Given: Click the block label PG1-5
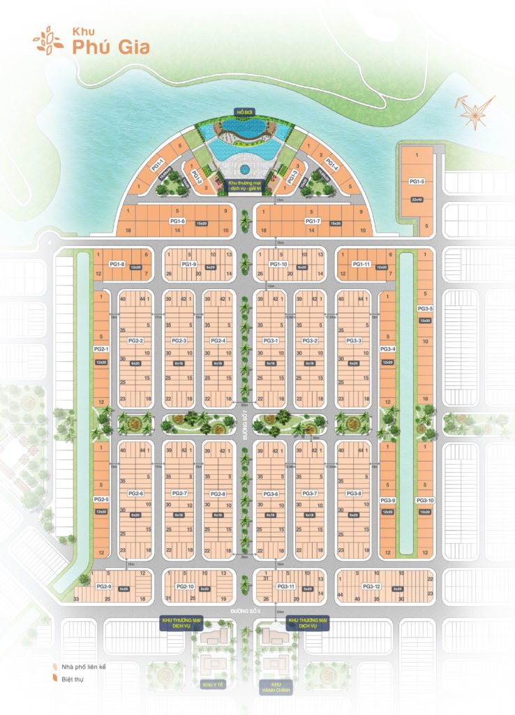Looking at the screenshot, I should point(417,182).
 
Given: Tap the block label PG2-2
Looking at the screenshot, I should point(135,340).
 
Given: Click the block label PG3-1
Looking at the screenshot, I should point(271,340).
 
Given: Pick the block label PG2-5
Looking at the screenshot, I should point(101,499).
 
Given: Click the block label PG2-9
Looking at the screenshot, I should point(105,587).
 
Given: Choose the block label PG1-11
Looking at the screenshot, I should point(361,265).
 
